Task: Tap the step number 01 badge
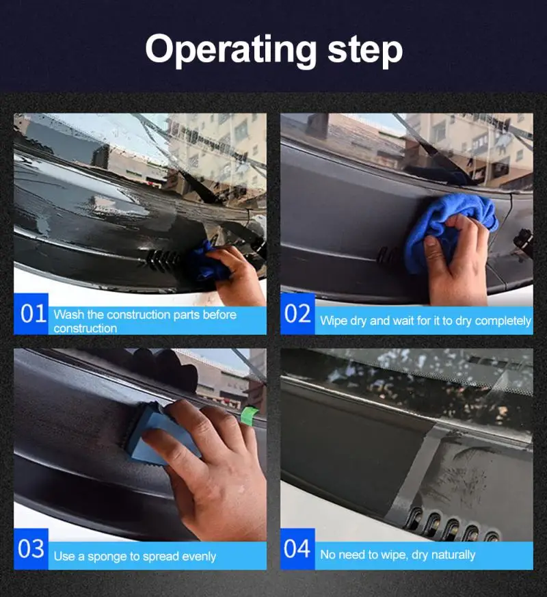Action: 31,314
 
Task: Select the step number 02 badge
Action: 297,314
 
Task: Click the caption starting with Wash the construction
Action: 144,321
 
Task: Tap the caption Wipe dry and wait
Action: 425,321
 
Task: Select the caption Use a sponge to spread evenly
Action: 135,556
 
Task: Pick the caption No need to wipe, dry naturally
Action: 397,555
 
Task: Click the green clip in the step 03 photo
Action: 250,414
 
